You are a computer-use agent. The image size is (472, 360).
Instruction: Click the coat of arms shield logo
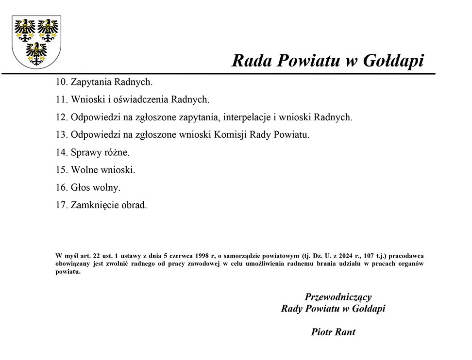coord(36,42)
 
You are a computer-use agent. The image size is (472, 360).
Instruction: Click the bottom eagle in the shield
coord(36,53)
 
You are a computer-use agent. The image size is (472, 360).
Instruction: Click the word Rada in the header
coord(253,61)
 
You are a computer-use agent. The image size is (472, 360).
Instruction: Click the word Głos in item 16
coord(81,187)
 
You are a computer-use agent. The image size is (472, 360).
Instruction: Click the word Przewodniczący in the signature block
coord(338,297)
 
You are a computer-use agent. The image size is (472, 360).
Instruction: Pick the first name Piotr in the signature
coord(321,332)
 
